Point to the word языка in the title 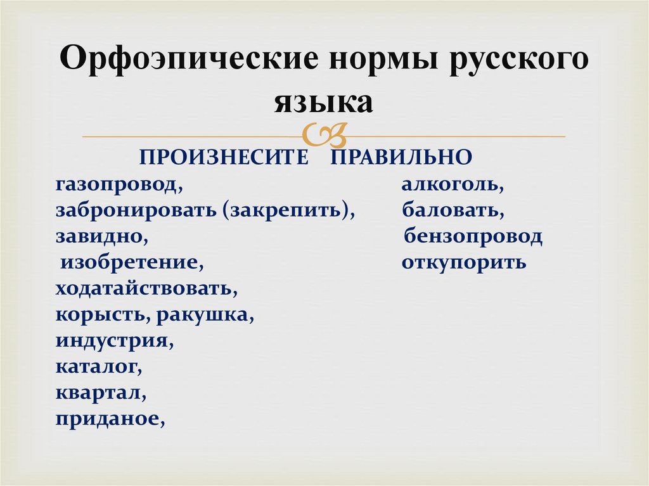[324, 101]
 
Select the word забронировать [136, 210]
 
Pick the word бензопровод [473, 236]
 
